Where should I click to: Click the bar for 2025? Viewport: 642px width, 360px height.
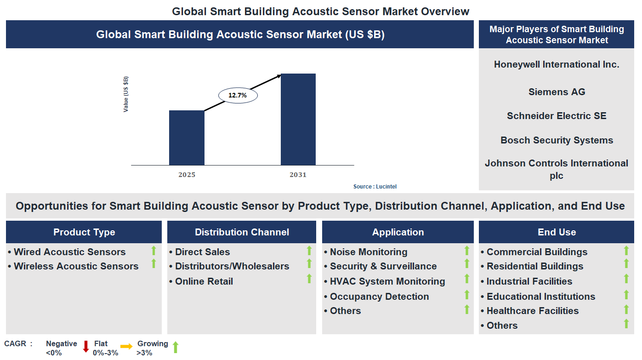pyautogui.click(x=187, y=137)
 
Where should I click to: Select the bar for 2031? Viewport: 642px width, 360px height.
pyautogui.click(x=298, y=119)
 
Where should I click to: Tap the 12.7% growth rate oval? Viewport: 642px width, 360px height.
pyautogui.click(x=237, y=95)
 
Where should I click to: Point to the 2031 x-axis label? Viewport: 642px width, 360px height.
pyautogui.click(x=298, y=175)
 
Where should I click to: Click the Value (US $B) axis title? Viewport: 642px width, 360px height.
pyautogui.click(x=126, y=94)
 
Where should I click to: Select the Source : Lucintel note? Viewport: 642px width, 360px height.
pyautogui.click(x=375, y=187)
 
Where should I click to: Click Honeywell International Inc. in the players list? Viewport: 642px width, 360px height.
pyautogui.click(x=557, y=64)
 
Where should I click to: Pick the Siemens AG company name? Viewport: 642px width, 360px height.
pyautogui.click(x=557, y=92)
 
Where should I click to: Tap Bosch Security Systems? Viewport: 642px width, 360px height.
pyautogui.click(x=557, y=140)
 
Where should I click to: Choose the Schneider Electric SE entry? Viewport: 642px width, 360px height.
pyautogui.click(x=557, y=116)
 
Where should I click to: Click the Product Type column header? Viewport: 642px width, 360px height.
pyautogui.click(x=84, y=232)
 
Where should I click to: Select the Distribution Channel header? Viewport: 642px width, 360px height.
pyautogui.click(x=242, y=232)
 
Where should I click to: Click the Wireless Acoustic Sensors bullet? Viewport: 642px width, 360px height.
pyautogui.click(x=76, y=266)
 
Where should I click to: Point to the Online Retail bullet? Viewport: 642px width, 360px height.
pyautogui.click(x=204, y=281)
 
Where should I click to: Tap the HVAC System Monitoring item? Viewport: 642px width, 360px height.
pyautogui.click(x=387, y=281)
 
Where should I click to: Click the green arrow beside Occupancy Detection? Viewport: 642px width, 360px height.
pyautogui.click(x=467, y=295)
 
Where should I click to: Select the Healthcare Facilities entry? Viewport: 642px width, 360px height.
pyautogui.click(x=532, y=311)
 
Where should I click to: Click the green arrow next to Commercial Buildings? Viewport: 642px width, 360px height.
pyautogui.click(x=626, y=251)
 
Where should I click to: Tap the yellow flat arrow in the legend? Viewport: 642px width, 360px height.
pyautogui.click(x=126, y=346)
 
